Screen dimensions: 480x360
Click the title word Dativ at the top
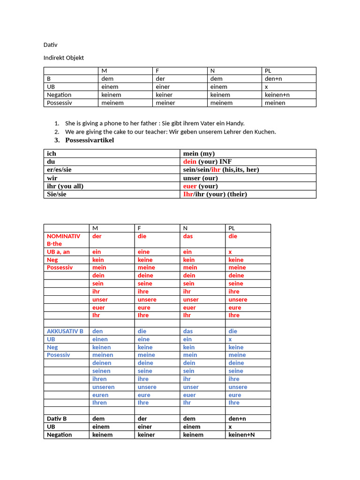(x=50, y=45)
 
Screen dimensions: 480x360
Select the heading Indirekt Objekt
(x=64, y=58)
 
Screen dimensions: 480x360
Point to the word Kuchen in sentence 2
(x=266, y=132)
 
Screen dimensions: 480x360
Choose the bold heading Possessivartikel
(x=90, y=140)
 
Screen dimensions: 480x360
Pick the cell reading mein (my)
(x=199, y=153)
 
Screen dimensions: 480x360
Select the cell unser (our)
(x=201, y=178)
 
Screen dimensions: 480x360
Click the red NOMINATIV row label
(x=63, y=236)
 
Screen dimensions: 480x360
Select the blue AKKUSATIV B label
(x=65, y=331)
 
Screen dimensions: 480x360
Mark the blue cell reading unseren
(x=104, y=387)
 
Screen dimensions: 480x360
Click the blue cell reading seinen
(x=102, y=371)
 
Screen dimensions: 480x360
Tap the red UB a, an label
(x=58, y=252)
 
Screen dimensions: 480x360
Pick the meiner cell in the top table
(x=165, y=103)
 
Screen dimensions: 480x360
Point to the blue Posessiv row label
(x=58, y=355)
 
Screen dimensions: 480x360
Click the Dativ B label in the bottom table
(x=57, y=419)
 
